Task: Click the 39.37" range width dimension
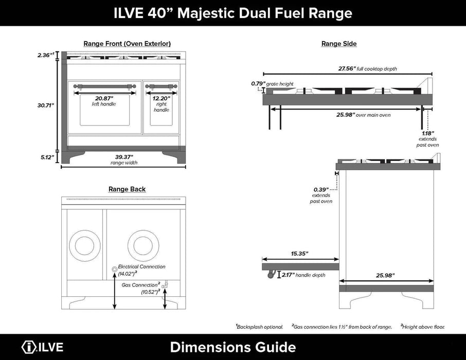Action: point(124,157)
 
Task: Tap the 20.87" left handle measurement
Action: point(103,98)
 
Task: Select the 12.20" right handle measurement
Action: point(161,98)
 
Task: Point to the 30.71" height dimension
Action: point(46,105)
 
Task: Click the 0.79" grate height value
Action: point(257,83)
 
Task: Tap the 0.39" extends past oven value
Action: point(322,189)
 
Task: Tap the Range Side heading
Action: point(338,44)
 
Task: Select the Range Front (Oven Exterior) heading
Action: point(127,44)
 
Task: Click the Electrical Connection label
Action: point(141,267)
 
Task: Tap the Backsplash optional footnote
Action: point(260,327)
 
